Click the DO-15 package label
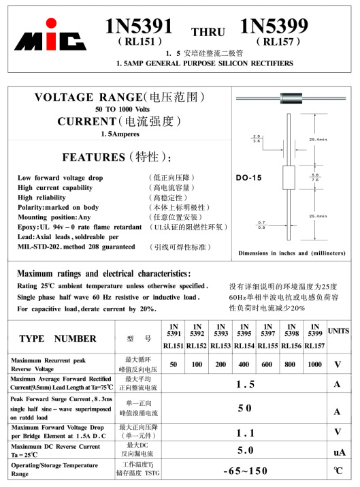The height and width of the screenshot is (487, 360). pos(249,178)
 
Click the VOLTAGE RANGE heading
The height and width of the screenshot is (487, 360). pos(120,97)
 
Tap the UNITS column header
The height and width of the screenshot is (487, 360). pos(338,331)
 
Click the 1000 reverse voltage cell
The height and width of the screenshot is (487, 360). pos(314,364)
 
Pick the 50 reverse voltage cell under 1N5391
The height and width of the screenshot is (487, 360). pos(174,364)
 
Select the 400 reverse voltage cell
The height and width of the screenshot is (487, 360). pos(244,364)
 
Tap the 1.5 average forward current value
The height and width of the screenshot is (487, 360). pos(245,385)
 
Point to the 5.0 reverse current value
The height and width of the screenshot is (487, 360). pos(245,450)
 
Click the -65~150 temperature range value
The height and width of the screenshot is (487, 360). pos(245,471)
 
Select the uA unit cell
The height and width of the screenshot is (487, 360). pos(338,452)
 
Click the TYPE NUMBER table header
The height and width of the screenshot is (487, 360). pos(58,339)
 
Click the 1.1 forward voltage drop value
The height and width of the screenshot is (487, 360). pos(245,433)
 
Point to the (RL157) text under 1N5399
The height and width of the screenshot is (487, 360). pos(278,41)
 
